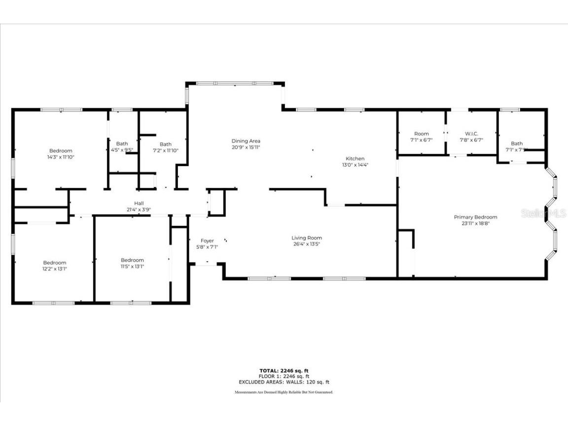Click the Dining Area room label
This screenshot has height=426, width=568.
(246, 141)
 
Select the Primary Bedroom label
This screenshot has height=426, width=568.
(475, 217)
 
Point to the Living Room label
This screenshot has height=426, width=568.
(306, 238)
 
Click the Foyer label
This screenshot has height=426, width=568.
(207, 241)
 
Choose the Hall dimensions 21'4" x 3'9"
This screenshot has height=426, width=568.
(139, 209)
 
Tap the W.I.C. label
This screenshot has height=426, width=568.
(471, 134)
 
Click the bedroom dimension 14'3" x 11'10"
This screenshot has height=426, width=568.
(61, 157)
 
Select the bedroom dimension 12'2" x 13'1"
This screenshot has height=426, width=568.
(54, 269)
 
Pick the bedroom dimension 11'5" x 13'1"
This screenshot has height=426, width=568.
(132, 266)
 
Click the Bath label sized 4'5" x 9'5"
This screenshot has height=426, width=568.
(122, 144)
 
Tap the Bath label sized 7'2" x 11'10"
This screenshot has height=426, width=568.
(165, 144)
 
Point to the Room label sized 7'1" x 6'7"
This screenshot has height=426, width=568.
(421, 134)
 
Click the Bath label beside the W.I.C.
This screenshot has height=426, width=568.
(517, 143)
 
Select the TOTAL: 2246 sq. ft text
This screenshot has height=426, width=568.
(284, 370)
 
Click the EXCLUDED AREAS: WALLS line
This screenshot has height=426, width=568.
(284, 382)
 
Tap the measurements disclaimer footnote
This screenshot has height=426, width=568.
(284, 392)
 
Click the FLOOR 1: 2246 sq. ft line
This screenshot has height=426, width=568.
(284, 376)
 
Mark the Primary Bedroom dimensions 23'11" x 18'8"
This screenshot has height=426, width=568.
(475, 223)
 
